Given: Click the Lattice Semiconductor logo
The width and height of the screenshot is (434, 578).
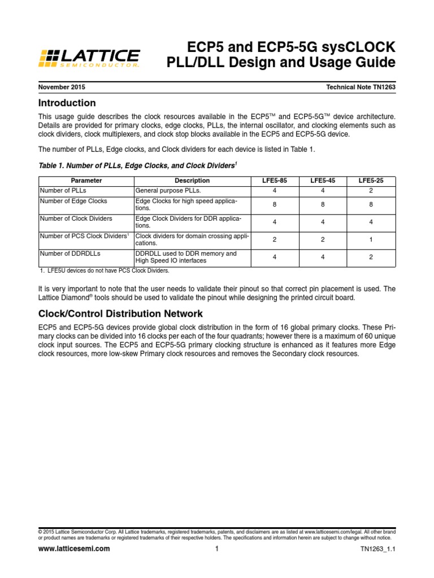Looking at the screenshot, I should tap(89, 58).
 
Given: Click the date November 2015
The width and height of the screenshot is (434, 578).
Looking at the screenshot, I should tap(62, 87).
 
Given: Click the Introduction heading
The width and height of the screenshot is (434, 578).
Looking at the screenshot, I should tap(67, 103).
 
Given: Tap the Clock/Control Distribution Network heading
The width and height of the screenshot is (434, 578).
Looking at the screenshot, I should tap(120, 313).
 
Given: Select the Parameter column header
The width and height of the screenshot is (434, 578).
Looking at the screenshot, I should tap(86, 181).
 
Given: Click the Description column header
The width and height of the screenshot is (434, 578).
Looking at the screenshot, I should tap(192, 181).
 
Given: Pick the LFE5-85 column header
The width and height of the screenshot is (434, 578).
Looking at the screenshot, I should tap(275, 181).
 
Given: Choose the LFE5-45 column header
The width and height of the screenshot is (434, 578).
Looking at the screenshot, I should tap(323, 181).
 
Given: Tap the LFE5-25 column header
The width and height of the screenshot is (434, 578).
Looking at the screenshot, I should tap(371, 181).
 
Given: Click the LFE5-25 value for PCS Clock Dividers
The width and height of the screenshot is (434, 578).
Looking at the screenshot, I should tap(371, 239).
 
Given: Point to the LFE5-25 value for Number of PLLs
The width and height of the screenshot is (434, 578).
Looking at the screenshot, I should tap(371, 190).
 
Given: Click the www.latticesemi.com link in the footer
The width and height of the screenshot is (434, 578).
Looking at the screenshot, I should tap(74, 549).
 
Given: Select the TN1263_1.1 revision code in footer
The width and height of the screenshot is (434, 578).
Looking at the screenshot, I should tap(377, 549).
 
